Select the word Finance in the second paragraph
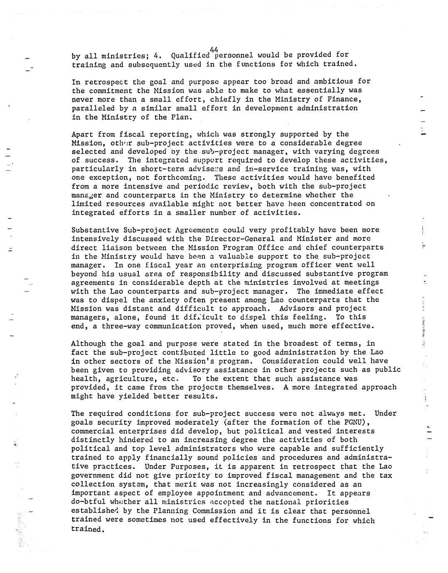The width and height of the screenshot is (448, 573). coord(345,99)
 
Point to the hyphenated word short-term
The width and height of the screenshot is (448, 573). coord(162,169)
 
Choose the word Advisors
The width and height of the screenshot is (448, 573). coord(296,309)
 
